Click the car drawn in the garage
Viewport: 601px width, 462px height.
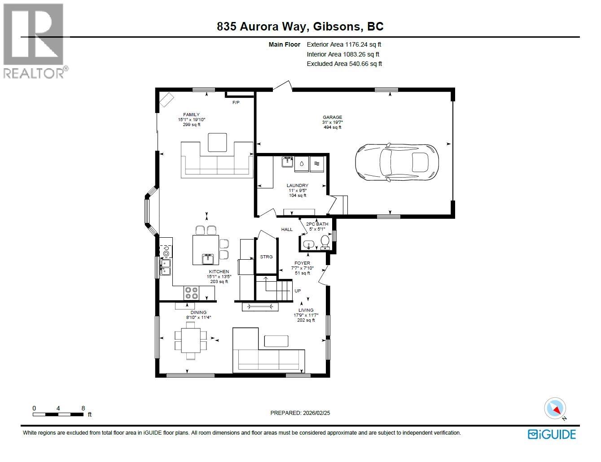tap(397, 162)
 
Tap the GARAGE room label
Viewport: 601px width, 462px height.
tap(332, 118)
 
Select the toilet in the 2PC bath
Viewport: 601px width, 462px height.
tap(325, 243)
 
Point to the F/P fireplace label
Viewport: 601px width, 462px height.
tap(236, 103)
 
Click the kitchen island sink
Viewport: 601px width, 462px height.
tap(208, 259)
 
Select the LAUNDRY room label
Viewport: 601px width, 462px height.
tap(298, 185)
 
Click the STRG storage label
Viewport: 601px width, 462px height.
tap(266, 257)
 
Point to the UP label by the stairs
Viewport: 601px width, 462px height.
tap(298, 291)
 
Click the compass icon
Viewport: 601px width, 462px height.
tap(555, 408)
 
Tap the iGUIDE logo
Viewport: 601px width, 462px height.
tap(552, 434)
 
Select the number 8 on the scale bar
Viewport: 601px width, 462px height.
tap(83, 408)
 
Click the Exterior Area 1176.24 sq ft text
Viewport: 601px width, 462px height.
tap(344, 44)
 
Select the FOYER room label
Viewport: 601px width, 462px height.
tap(302, 263)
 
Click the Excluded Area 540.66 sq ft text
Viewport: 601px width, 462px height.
tap(344, 64)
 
